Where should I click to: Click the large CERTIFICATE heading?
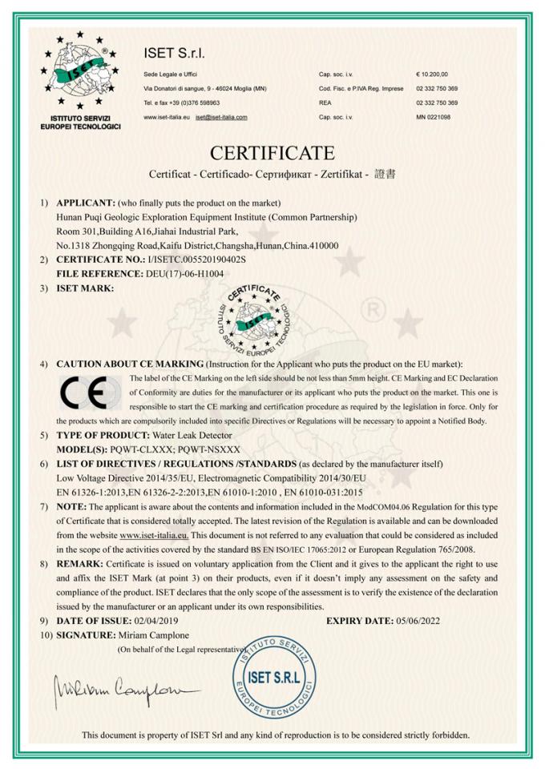click(272, 152)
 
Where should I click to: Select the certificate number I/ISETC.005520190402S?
click(193, 260)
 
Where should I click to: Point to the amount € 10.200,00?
click(433, 74)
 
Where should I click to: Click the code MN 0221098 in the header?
click(434, 117)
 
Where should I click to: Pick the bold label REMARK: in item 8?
click(79, 565)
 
